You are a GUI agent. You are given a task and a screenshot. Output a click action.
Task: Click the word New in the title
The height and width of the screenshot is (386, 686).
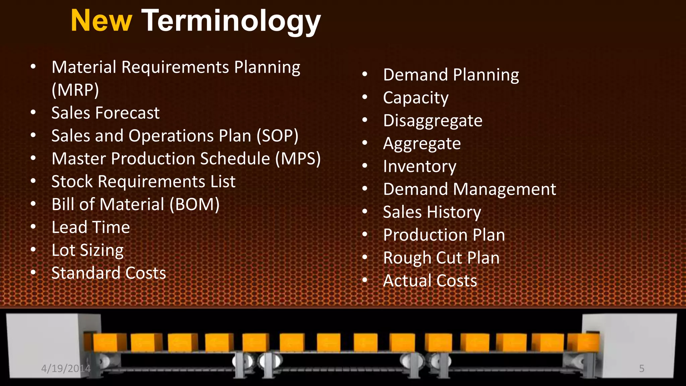click(101, 21)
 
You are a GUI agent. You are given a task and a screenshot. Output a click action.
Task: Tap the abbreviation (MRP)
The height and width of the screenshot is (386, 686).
click(75, 90)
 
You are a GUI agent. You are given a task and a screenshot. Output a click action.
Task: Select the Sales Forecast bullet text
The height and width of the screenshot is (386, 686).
click(106, 113)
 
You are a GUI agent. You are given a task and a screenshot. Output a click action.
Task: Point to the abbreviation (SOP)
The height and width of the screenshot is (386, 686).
click(277, 136)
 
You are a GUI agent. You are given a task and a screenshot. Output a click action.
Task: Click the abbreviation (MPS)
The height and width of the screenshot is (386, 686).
click(298, 158)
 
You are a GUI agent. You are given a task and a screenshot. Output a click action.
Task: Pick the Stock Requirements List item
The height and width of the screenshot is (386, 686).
click(143, 182)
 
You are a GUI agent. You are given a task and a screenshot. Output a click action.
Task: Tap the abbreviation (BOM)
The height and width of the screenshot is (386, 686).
click(194, 204)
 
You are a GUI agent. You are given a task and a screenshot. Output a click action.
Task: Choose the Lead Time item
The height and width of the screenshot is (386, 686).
click(91, 227)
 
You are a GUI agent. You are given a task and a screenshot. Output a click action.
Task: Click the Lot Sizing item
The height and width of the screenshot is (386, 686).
click(88, 250)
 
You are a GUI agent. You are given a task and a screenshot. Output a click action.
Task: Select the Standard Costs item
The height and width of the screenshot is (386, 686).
click(109, 273)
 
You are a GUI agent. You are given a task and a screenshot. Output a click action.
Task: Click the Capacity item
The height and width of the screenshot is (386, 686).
click(416, 98)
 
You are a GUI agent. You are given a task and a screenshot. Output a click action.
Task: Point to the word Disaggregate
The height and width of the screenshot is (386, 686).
click(433, 121)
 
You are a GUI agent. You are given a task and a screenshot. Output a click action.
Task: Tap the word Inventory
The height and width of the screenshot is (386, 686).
click(420, 167)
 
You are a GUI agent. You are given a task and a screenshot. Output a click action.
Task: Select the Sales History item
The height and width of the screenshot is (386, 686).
click(432, 212)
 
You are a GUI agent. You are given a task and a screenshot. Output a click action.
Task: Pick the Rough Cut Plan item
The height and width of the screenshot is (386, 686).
click(441, 258)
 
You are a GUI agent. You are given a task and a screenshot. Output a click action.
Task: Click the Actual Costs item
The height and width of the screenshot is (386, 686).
click(430, 281)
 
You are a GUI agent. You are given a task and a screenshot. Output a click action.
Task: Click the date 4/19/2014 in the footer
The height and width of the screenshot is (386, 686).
click(66, 369)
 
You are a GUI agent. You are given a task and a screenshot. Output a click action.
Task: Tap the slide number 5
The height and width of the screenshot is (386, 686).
click(641, 369)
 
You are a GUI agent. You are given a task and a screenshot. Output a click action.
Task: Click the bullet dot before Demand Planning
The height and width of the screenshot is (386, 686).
click(365, 74)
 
